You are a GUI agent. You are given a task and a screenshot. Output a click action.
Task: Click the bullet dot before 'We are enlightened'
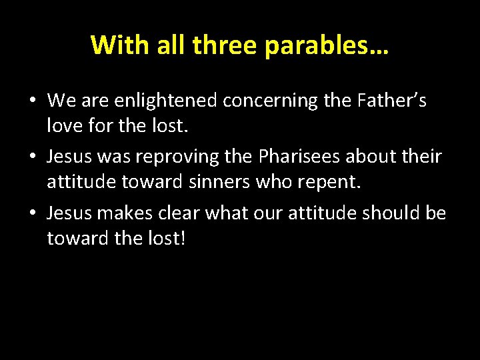tap(32, 101)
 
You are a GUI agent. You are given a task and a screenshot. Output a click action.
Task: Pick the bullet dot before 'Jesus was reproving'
tap(32, 157)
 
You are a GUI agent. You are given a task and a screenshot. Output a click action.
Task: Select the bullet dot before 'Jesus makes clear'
tap(32, 213)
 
